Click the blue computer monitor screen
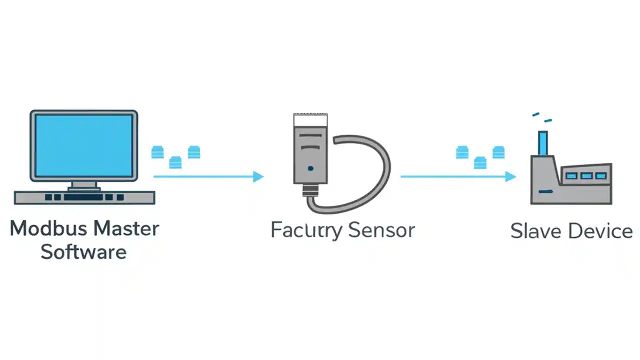(84, 145)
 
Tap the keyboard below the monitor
(84, 197)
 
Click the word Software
(83, 251)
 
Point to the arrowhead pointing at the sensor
(258, 176)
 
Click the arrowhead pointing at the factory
(510, 176)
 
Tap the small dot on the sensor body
(310, 168)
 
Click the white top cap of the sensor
(310, 120)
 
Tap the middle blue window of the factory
(586, 176)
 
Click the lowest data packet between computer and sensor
(175, 162)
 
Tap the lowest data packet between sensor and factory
(480, 162)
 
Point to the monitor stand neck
(83, 185)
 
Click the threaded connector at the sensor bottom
(310, 190)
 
